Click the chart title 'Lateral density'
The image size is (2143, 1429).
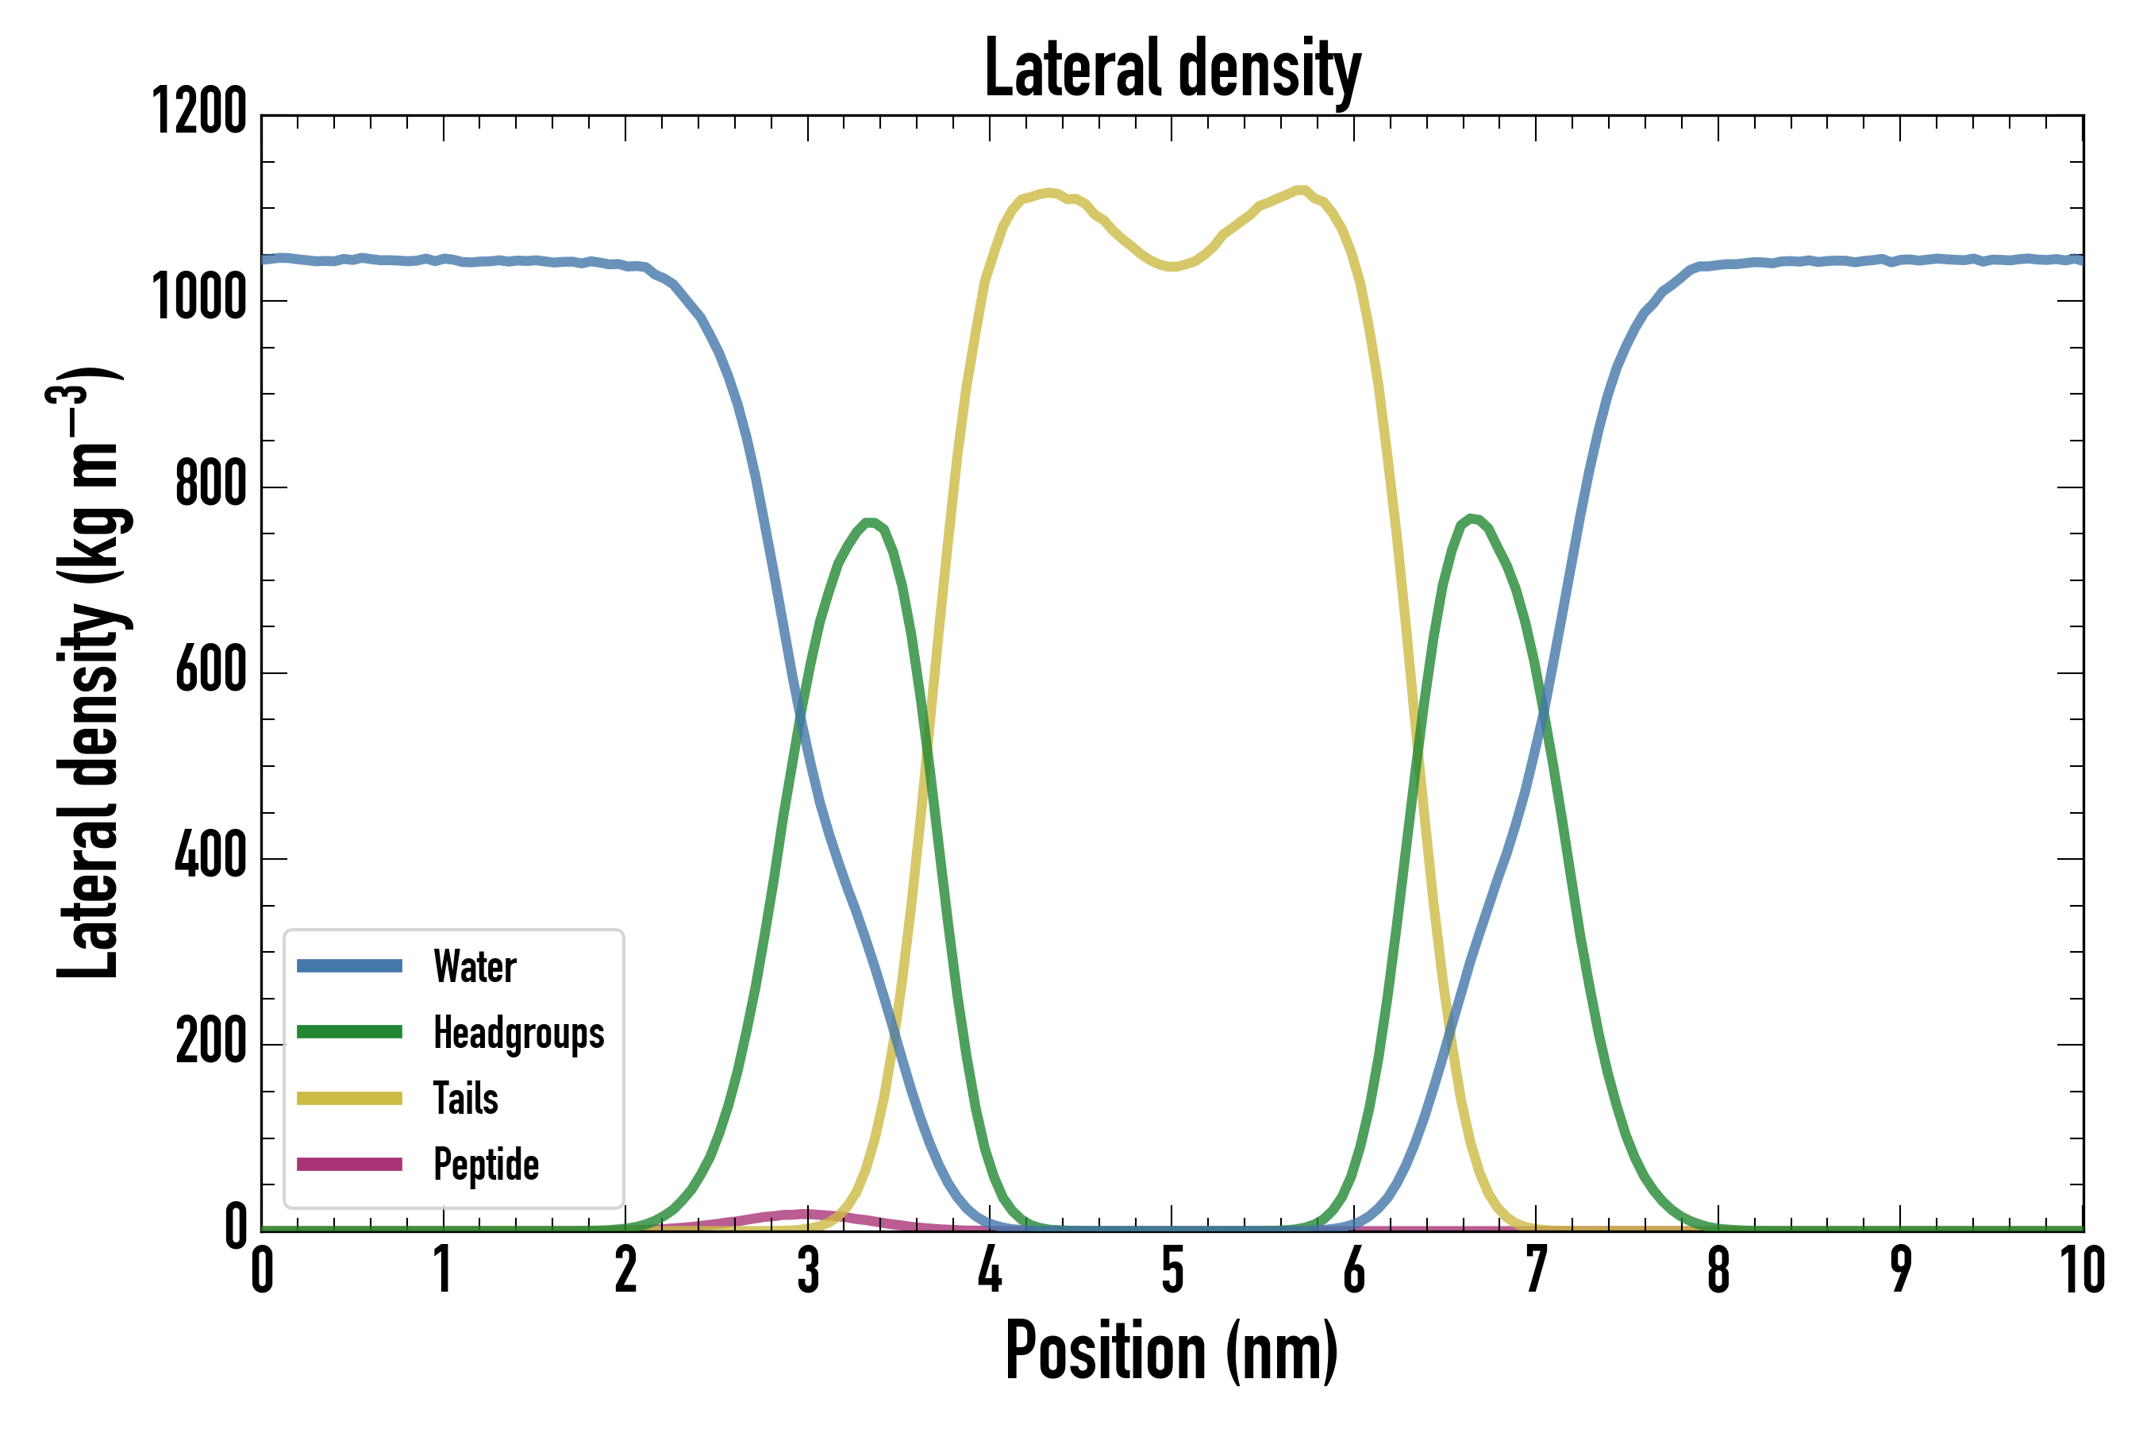[x=1172, y=69]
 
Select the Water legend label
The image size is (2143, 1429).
[x=475, y=967]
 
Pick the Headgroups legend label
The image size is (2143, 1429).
[x=518, y=1034]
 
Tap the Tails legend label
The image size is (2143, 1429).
[x=466, y=1099]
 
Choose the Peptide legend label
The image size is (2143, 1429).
[x=486, y=1165]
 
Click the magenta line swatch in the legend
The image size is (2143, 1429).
[x=349, y=1165]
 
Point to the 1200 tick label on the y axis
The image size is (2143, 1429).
[x=198, y=113]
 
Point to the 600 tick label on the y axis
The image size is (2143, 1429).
[x=210, y=671]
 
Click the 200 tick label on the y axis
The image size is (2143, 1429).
[x=210, y=1042]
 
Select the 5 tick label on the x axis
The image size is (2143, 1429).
[x=1172, y=1270]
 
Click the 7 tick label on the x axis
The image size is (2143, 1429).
[x=1536, y=1270]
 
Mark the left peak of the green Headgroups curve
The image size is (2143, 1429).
[x=870, y=523]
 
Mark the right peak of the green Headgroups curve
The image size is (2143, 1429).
[x=1471, y=518]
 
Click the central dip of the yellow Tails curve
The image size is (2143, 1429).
[x=1172, y=267]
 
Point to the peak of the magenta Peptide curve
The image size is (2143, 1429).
[x=806, y=1213]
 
